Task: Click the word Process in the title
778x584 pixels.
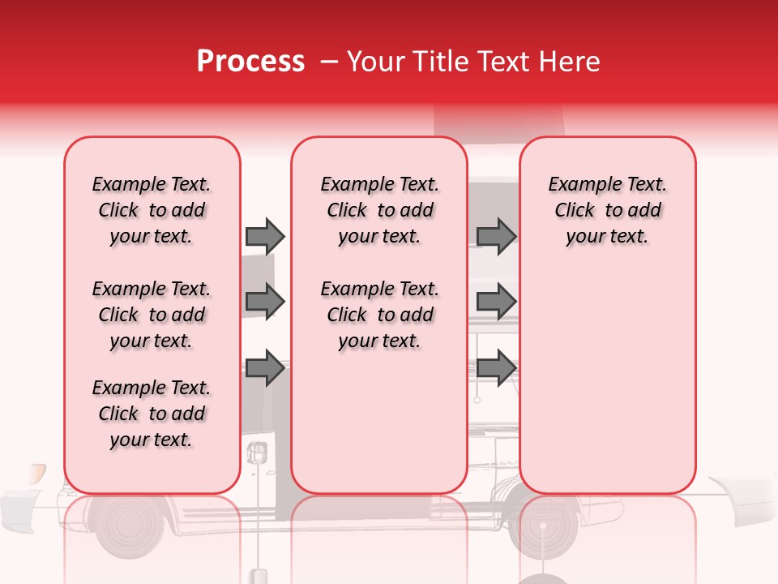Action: click(x=250, y=62)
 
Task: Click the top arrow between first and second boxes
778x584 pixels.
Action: click(x=265, y=236)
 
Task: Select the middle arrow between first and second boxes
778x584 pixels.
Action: click(x=265, y=302)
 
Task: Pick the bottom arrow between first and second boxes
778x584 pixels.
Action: click(x=265, y=368)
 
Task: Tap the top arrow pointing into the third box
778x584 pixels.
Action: click(x=496, y=236)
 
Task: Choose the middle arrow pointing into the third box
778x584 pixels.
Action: click(x=496, y=302)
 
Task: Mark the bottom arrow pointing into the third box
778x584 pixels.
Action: click(x=496, y=368)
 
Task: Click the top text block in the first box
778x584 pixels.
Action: click(x=152, y=210)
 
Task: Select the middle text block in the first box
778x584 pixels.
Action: click(x=152, y=315)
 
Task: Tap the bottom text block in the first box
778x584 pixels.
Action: click(x=152, y=414)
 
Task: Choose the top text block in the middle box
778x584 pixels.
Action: click(x=379, y=210)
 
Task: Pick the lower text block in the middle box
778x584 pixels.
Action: click(x=379, y=315)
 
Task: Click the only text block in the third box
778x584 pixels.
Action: click(x=607, y=210)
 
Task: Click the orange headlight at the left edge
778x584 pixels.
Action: click(x=36, y=474)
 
